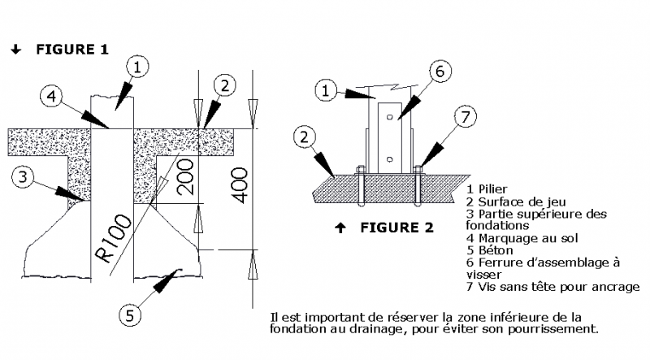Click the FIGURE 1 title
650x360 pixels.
[x=71, y=50]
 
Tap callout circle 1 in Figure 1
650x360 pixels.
[x=139, y=67]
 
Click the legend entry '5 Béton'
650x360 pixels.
[x=489, y=249]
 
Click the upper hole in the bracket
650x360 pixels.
[x=391, y=118]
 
